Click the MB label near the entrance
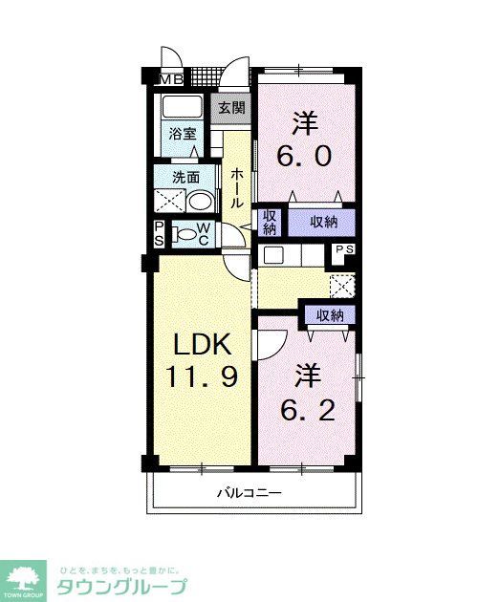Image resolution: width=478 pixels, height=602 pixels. point(171,79)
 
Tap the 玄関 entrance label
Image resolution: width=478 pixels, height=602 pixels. point(230,108)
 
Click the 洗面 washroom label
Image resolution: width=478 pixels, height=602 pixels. point(185,177)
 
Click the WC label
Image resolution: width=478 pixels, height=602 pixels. point(204,235)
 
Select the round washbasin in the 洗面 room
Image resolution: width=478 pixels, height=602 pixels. point(200,201)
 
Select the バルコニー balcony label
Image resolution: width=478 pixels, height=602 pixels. point(248,493)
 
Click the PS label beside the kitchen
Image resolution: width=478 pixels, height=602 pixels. point(344,250)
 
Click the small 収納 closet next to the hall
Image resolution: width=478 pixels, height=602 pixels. point(270,223)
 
